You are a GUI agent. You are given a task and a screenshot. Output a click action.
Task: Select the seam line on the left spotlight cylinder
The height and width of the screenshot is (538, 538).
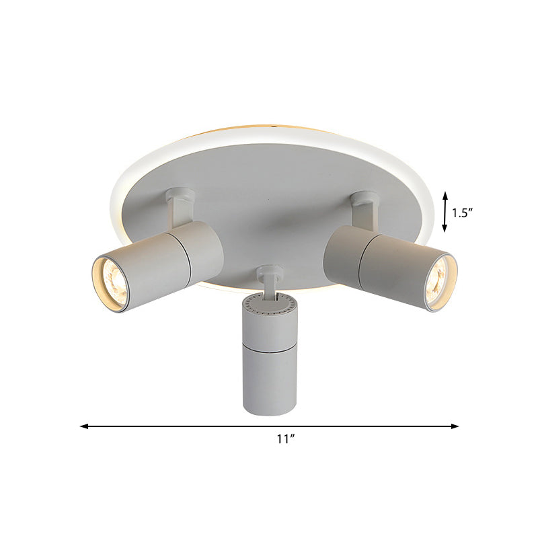[187, 255]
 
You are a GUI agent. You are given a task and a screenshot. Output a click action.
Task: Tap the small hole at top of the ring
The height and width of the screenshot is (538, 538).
[274, 126]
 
